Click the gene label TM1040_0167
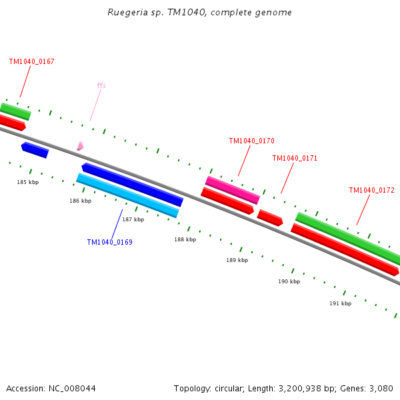point(31,61)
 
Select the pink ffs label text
point(101,85)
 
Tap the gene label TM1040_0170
point(251,141)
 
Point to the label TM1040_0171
point(295,158)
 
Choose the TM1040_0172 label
point(371,190)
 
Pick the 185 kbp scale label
point(28,182)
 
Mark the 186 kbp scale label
point(81,201)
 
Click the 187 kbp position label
point(133,219)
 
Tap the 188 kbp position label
point(185,239)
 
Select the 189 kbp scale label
point(237,260)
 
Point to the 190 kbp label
point(289,281)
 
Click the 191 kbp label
point(340,303)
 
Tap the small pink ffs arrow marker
point(80,145)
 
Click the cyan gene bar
point(127,195)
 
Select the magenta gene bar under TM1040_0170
point(232,189)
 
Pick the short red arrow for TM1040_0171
point(270,217)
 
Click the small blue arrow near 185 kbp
point(35,150)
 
